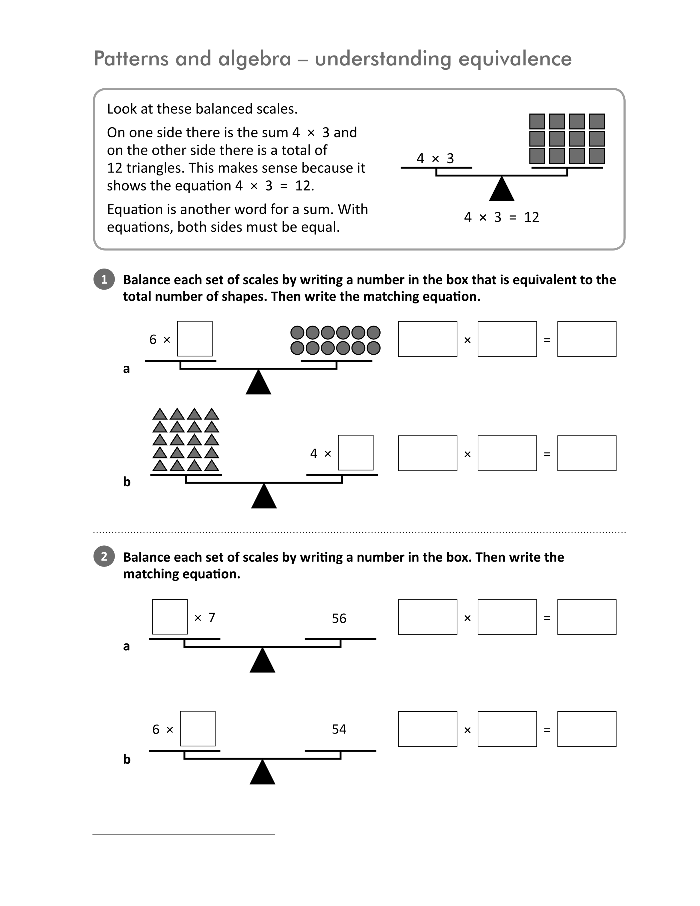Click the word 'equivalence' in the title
pyautogui.click(x=515, y=59)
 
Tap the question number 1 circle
pyautogui.click(x=104, y=279)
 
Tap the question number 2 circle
pyautogui.click(x=104, y=556)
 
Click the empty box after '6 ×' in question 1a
pyautogui.click(x=195, y=339)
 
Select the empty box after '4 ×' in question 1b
pyautogui.click(x=356, y=453)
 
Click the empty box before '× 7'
pyautogui.click(x=170, y=617)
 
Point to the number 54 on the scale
pyautogui.click(x=339, y=729)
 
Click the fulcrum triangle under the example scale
pyautogui.click(x=502, y=189)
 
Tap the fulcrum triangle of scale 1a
pyautogui.click(x=258, y=382)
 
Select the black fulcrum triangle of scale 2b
pyautogui.click(x=262, y=772)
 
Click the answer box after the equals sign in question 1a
pyautogui.click(x=587, y=339)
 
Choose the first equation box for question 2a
pyautogui.click(x=427, y=617)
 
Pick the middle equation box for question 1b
pyautogui.click(x=507, y=453)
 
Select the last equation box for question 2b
pyautogui.click(x=587, y=729)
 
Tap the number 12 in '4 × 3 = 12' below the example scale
pyautogui.click(x=532, y=217)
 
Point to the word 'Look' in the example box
pyautogui.click(x=120, y=109)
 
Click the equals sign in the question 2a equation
pyautogui.click(x=547, y=618)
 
